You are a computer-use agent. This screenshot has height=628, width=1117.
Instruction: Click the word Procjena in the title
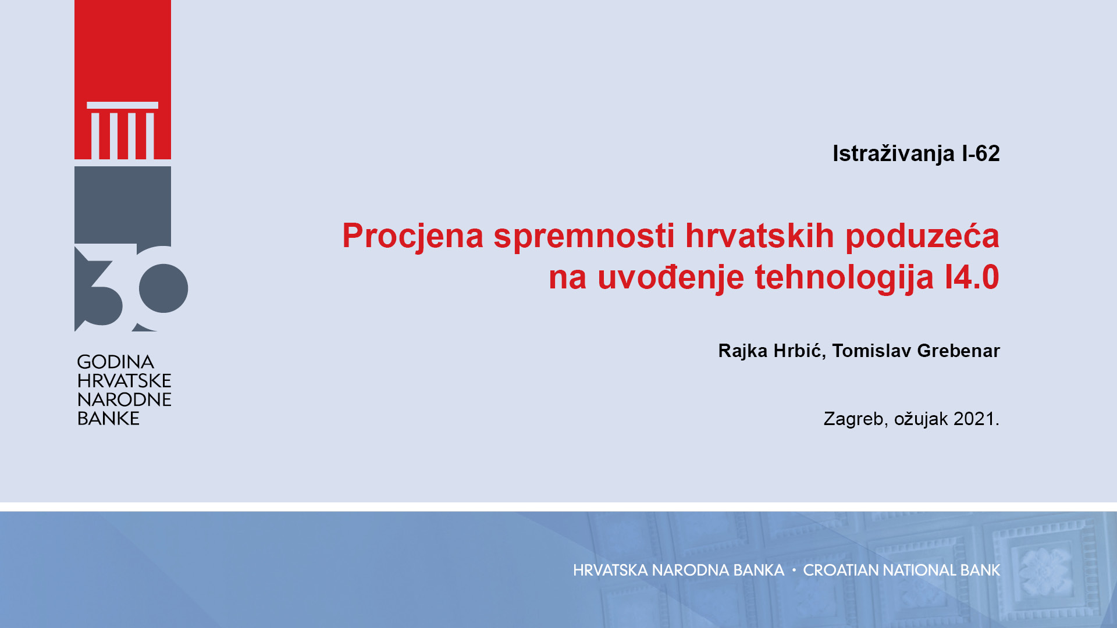click(x=413, y=236)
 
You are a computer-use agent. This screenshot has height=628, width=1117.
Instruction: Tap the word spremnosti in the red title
click(x=584, y=236)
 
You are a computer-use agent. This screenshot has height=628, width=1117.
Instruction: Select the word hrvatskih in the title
click(x=760, y=235)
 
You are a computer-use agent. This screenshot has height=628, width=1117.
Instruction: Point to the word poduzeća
click(x=922, y=235)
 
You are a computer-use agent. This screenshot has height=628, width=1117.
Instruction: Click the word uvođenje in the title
click(x=671, y=277)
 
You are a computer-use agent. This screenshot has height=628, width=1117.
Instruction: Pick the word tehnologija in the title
click(x=845, y=277)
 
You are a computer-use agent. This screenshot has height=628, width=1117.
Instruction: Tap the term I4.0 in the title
click(x=972, y=277)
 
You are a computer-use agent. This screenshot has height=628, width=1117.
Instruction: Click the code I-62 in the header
click(x=981, y=154)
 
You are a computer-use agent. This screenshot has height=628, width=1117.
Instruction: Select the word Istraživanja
click(x=894, y=154)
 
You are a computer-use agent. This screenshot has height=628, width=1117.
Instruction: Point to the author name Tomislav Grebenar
click(x=916, y=351)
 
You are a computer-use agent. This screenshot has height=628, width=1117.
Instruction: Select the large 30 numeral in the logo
click(x=131, y=288)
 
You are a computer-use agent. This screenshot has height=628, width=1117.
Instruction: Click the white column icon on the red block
click(x=123, y=130)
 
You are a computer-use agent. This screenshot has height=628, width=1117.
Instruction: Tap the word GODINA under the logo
click(x=115, y=362)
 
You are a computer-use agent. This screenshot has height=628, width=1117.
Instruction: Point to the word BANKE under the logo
click(x=108, y=419)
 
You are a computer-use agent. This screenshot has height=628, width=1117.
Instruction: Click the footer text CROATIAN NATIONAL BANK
click(x=902, y=570)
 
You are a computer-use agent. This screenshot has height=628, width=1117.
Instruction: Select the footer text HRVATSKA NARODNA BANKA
click(x=678, y=570)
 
